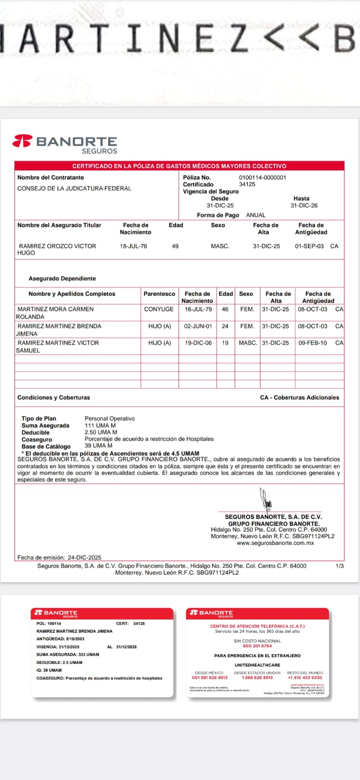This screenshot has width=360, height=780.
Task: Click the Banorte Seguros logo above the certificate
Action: point(65,144)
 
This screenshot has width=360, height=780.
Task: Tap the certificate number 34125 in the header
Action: point(247,184)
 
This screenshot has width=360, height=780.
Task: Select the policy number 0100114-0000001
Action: point(262,177)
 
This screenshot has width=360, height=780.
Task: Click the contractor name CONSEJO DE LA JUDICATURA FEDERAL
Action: point(74,188)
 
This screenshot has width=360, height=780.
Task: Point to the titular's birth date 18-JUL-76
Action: point(134,246)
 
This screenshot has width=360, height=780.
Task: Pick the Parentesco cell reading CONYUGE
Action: point(159,309)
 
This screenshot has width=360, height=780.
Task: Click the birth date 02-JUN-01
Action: point(198,326)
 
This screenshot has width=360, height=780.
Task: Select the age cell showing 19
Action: point(225,343)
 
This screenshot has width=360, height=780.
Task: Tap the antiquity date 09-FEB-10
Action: point(313,343)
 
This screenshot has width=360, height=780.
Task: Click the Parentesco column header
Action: point(159,294)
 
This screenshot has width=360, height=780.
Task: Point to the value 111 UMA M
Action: point(100,426)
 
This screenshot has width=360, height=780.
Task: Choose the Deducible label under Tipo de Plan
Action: point(36,432)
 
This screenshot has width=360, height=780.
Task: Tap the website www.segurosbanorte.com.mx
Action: point(275,543)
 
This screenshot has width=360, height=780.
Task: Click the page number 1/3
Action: point(340,566)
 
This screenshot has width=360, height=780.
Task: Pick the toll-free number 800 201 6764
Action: point(258,646)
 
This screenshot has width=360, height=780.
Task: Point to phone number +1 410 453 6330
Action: point(305,678)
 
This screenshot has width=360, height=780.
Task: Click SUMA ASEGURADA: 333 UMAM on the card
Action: point(68,655)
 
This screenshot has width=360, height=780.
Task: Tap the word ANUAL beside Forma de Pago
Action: point(256,215)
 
